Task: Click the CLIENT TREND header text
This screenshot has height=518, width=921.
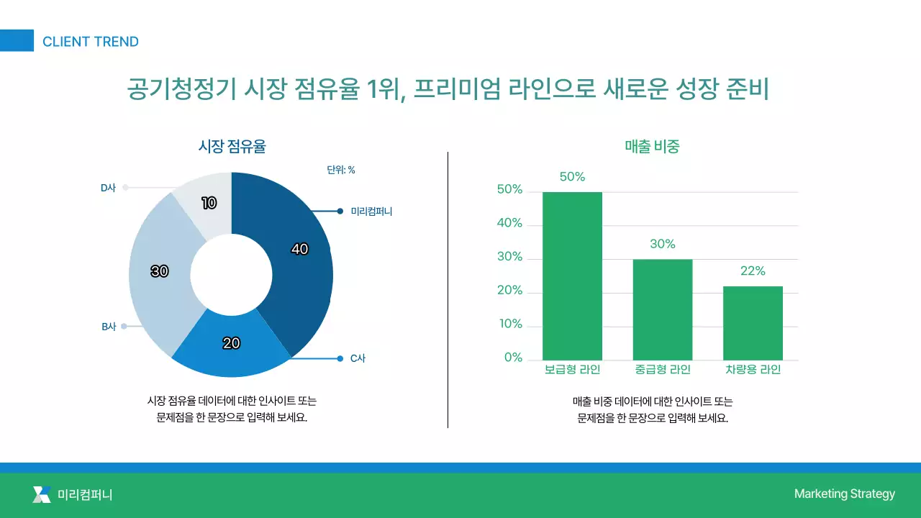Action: pos(90,42)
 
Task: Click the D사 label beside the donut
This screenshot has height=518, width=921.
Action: pos(108,188)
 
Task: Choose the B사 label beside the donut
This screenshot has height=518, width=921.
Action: pos(109,327)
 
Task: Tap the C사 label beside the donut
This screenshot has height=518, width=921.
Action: pos(358,358)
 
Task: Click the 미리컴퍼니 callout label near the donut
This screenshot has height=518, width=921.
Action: pos(371,212)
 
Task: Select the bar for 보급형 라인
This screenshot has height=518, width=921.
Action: pos(572,276)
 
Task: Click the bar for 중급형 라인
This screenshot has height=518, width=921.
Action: pos(662,309)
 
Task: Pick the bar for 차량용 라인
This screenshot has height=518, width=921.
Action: pos(753,323)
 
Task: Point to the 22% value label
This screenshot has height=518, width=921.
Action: pos(753,271)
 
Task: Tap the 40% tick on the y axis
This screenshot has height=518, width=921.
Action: pos(509,223)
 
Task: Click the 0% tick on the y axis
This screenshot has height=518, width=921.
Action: pos(513,358)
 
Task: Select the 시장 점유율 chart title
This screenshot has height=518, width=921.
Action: pos(232,147)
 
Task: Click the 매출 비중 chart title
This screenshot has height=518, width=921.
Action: pos(652,147)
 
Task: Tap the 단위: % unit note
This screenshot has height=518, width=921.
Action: pos(341,171)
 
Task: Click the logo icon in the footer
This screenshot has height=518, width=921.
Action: pos(42,494)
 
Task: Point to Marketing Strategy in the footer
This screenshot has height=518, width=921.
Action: pos(844,494)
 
